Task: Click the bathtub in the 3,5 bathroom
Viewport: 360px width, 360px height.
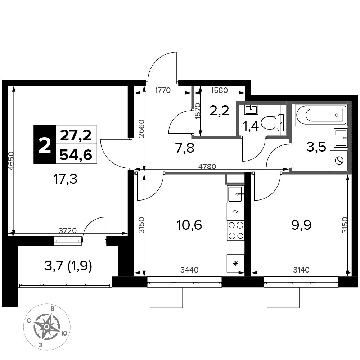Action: coord(320,115)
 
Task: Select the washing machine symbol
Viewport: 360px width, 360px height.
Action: coord(338,161)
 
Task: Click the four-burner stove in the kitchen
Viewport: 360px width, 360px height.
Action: coord(235,231)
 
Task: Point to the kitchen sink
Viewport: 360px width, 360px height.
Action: coord(235,194)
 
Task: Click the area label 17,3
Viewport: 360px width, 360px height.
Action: coord(65,179)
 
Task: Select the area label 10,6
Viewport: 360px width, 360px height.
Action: coord(189,225)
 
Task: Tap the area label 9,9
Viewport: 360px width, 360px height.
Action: coord(301,225)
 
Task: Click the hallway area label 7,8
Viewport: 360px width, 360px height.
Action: coord(185,148)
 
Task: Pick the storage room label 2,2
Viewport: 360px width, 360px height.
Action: coord(219,111)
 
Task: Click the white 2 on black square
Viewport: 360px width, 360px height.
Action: coord(45,144)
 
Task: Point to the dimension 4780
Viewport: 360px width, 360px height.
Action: coord(207,166)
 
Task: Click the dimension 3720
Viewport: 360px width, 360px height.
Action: coord(68,230)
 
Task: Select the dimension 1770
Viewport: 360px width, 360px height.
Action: coord(163,90)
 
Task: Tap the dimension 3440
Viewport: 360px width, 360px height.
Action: coord(189,270)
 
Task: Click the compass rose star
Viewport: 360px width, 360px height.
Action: coord(46,327)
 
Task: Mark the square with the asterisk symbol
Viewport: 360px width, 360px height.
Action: coord(235,263)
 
